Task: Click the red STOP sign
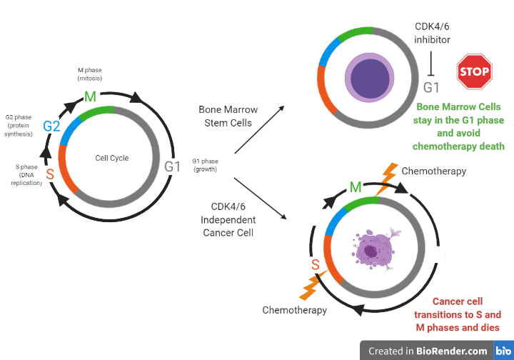pyautogui.click(x=473, y=72)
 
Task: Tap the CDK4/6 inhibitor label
pyautogui.click(x=432, y=32)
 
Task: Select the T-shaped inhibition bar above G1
pyautogui.click(x=431, y=64)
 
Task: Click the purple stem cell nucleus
pyautogui.click(x=369, y=76)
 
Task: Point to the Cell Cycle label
pyautogui.click(x=112, y=158)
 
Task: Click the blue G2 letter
pyautogui.click(x=51, y=126)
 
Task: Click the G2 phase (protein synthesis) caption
pyautogui.click(x=19, y=124)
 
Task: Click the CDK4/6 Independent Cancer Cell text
pyautogui.click(x=228, y=220)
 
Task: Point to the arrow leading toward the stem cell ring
pyautogui.click(x=258, y=129)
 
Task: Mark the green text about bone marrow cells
pyautogui.click(x=458, y=126)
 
